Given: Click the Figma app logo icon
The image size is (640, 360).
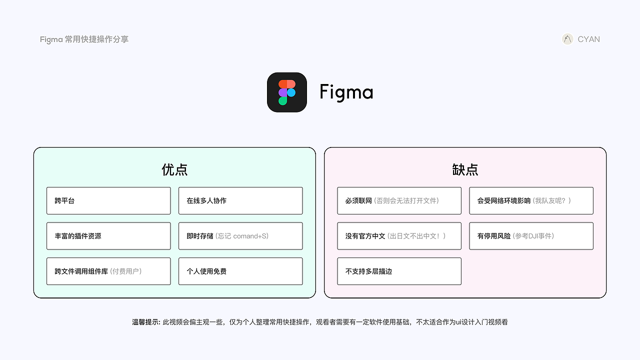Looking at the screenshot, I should click(287, 92).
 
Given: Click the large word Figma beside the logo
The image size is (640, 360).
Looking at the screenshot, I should click(346, 92).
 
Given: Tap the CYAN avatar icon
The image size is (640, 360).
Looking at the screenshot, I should click(567, 39).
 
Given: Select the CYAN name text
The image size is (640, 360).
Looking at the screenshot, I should click(588, 39).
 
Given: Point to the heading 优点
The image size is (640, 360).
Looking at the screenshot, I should click(174, 170).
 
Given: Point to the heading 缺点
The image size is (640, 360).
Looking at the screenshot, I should click(465, 170).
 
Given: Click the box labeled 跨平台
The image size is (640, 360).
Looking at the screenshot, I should click(108, 200).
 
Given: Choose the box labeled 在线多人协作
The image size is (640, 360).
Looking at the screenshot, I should click(240, 200).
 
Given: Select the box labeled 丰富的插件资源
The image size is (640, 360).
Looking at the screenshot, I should click(108, 236).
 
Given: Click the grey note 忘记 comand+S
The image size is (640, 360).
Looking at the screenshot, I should click(242, 236).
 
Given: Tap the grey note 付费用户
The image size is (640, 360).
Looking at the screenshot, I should click(126, 271).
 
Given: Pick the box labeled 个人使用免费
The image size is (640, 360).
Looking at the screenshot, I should click(240, 271).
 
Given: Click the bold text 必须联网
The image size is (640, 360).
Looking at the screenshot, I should click(358, 200).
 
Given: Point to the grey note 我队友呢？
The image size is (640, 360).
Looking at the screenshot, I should click(552, 200).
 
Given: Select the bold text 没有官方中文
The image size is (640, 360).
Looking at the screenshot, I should click(365, 236).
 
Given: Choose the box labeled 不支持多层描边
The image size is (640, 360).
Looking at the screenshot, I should click(399, 271).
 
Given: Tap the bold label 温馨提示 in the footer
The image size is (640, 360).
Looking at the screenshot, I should click(145, 322).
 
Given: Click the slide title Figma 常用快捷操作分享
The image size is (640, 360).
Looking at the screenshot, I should click(84, 39).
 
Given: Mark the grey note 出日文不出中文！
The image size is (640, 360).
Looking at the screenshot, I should click(416, 236).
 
